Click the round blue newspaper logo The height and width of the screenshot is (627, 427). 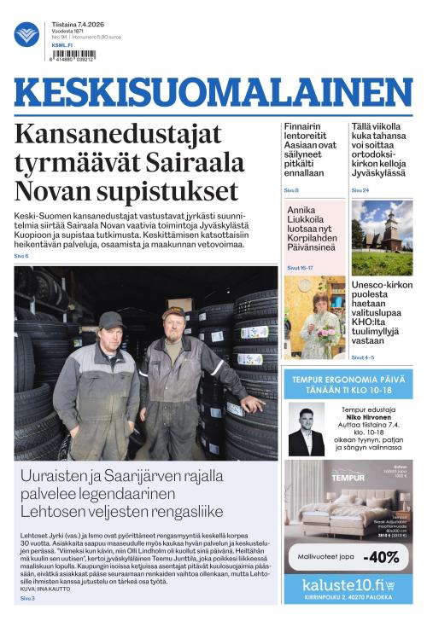point(26,33)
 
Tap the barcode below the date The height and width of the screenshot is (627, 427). point(73,55)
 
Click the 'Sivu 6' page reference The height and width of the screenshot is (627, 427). point(21,256)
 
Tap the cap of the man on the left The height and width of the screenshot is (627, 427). point(111,319)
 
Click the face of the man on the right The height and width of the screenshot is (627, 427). point(174,327)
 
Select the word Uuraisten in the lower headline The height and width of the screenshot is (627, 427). point(61,477)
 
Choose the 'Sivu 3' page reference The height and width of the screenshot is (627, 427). point(28,599)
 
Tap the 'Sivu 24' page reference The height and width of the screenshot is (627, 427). point(360,189)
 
